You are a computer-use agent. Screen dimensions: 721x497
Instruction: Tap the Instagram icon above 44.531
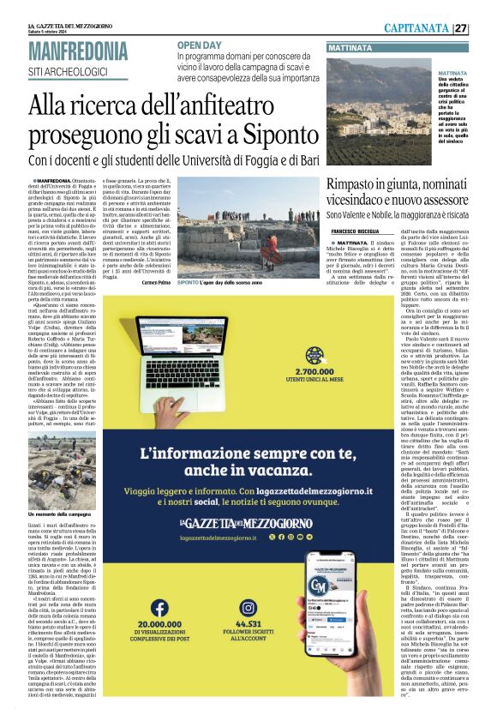click(x=248, y=585)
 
